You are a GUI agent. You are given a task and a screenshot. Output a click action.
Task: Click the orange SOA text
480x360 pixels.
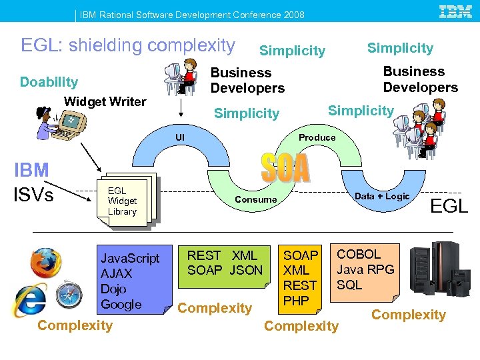coord(285,168)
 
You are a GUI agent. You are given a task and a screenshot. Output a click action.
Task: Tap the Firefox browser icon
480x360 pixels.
coord(45,262)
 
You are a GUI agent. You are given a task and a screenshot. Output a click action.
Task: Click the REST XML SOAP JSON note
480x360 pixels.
coord(224,263)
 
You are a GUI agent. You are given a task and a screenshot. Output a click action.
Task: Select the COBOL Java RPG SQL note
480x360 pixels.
coord(365,269)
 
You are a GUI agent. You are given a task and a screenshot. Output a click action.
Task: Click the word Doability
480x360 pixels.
coord(49,82)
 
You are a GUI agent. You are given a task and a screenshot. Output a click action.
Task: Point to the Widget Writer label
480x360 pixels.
coord(105,101)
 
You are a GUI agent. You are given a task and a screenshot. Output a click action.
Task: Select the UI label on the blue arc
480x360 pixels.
coord(179,137)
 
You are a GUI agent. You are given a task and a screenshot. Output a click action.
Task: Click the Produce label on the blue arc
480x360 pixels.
coord(317,137)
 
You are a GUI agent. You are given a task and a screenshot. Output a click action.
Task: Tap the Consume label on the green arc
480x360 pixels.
coord(255,199)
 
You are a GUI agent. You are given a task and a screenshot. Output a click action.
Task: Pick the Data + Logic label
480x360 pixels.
coord(381,196)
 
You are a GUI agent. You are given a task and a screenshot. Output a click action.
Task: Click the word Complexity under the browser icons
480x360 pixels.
coord(75,325)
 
